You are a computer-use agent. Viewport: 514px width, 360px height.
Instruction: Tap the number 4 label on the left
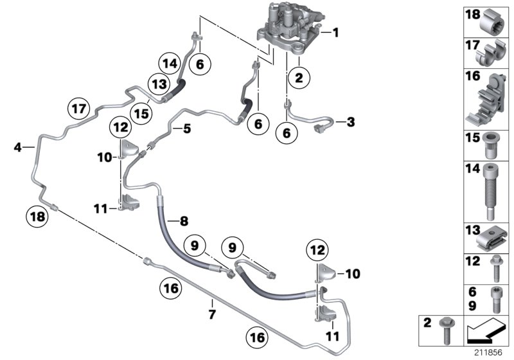tap(19, 148)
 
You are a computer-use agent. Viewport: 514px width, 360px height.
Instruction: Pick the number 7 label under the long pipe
tap(211, 314)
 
